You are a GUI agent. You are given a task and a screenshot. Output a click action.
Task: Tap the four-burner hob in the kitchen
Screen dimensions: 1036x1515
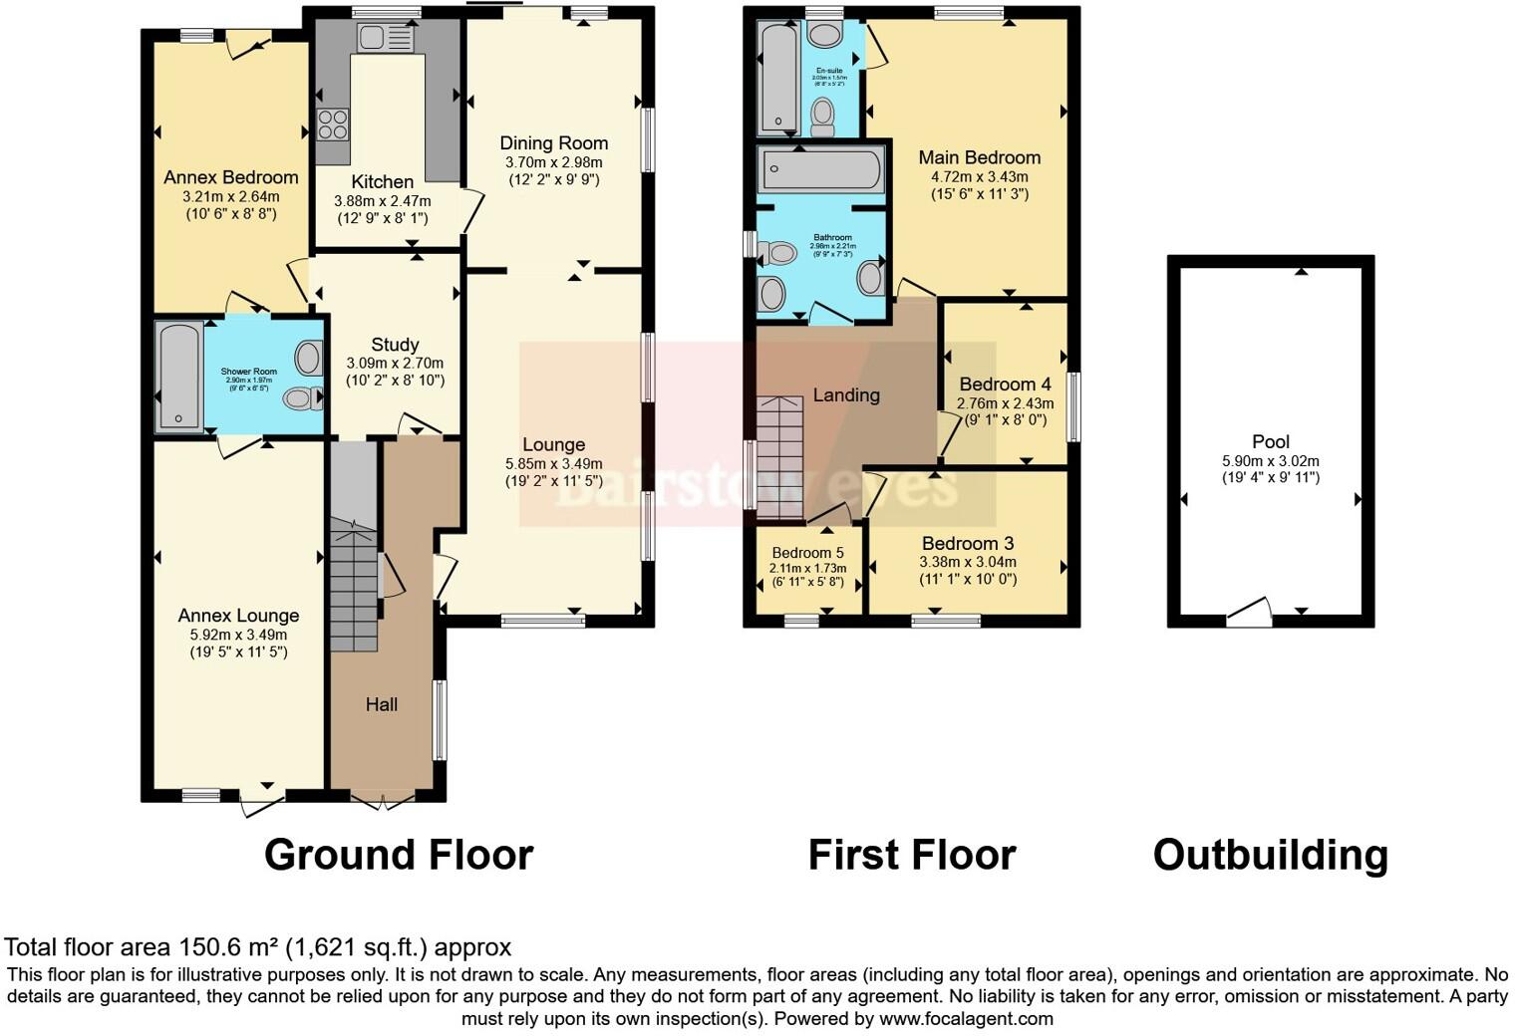pos(333,124)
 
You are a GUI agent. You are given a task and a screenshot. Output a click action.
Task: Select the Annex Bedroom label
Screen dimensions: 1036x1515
pos(231,177)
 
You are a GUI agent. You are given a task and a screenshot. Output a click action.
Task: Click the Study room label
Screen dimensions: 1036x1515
pos(395,345)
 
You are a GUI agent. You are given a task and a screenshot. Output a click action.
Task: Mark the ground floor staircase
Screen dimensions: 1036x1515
pos(354,588)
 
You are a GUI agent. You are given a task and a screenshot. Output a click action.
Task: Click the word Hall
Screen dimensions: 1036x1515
pos(382,704)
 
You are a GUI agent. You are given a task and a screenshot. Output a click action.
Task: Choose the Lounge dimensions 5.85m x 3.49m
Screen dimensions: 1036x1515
pos(554,464)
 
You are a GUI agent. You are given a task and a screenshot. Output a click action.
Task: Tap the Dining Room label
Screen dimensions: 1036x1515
pos(554,143)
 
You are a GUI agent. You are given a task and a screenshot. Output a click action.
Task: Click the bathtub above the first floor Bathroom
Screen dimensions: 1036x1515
pos(820,170)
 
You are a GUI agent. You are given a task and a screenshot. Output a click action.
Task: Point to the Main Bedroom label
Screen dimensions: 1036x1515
pos(979,157)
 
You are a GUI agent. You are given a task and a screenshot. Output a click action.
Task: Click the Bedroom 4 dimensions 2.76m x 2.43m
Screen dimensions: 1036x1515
pos(1005,404)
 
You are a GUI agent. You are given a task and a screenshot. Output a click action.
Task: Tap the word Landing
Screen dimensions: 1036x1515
pos(846,394)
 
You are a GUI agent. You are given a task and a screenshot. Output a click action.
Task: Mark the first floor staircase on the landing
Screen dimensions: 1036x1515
pos(779,458)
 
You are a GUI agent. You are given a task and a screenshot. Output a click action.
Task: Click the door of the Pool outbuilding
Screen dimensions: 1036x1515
pos(1249,612)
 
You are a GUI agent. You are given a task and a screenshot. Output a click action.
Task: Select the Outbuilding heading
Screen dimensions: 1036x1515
pos(1270,855)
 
